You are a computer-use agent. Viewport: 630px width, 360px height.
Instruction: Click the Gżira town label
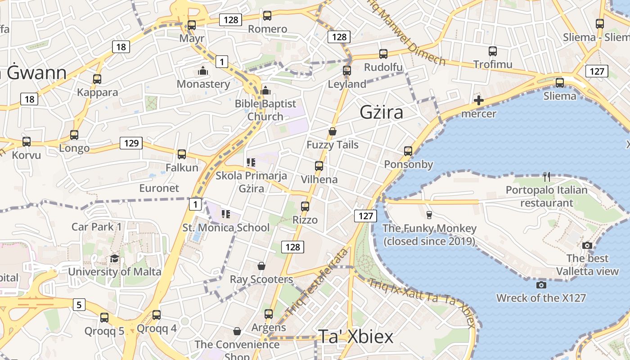[381, 112]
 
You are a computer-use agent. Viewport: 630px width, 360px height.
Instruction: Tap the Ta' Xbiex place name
[355, 337]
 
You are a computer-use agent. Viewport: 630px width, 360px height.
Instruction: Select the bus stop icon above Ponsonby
[408, 151]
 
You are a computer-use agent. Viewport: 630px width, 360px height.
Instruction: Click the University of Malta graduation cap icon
[114, 259]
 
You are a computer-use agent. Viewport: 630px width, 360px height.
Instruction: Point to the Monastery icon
[203, 71]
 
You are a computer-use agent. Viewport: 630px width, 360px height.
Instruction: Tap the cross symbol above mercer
[479, 100]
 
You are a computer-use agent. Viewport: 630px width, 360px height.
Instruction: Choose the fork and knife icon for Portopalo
[546, 176]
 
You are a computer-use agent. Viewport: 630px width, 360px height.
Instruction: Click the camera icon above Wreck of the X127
[541, 285]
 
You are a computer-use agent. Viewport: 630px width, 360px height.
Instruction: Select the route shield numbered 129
[131, 144]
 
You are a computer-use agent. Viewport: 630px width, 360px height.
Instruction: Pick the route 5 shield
[79, 305]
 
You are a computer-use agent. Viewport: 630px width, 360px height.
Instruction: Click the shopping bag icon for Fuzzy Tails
[333, 131]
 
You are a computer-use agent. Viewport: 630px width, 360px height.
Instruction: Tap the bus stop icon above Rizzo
[305, 207]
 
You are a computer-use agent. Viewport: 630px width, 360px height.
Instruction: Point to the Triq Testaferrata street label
[317, 282]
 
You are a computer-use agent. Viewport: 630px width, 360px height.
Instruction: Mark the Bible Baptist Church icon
[265, 90]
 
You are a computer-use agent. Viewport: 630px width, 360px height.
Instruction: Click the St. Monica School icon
[226, 214]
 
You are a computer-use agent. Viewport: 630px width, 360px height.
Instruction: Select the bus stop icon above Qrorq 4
[157, 315]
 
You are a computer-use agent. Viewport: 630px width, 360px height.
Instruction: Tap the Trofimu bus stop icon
[493, 51]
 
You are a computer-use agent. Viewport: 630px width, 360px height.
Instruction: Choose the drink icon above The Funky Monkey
[429, 215]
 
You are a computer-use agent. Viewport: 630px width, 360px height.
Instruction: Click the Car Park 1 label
[96, 226]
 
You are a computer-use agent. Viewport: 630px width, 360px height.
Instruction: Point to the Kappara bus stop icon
[97, 79]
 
